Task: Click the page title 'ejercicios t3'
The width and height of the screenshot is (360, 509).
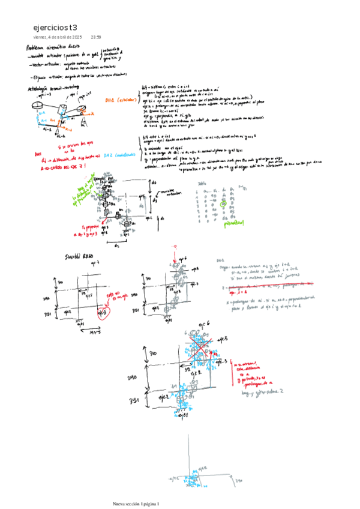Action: (x=55, y=28)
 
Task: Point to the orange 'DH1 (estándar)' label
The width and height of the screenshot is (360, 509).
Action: (x=121, y=100)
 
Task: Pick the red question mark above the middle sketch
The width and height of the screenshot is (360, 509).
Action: (x=175, y=247)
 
